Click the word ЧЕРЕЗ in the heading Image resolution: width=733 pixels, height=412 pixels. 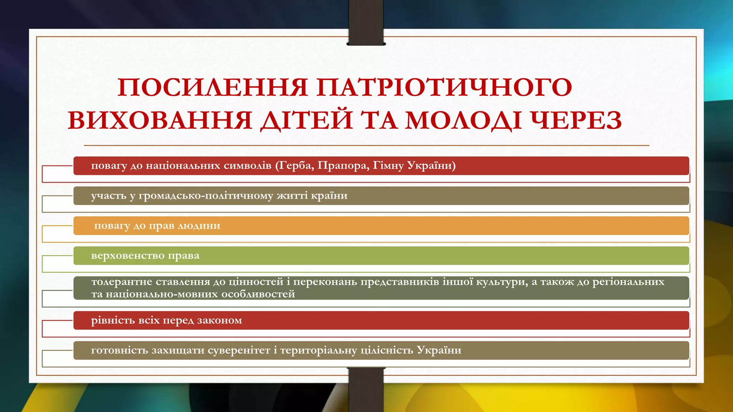click(576, 120)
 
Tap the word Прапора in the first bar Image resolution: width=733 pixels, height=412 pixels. click(343, 166)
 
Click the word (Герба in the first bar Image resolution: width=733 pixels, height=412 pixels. click(295, 166)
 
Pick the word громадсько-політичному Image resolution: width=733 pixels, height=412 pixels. click(206, 196)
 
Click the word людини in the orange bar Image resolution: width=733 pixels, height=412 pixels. click(199, 226)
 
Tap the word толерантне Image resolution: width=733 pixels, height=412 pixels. click(122, 282)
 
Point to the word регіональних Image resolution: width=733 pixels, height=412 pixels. click(628, 282)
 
